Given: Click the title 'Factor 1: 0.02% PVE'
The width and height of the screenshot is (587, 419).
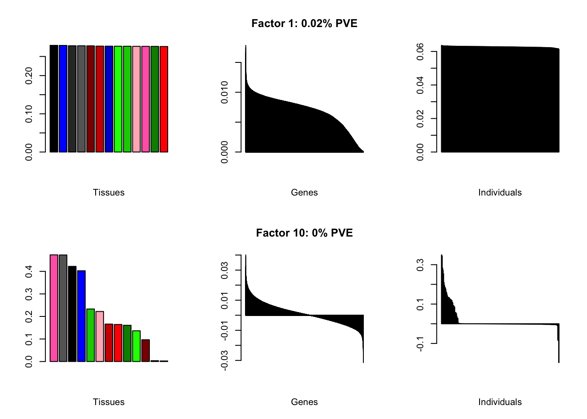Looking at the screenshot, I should tap(304, 24).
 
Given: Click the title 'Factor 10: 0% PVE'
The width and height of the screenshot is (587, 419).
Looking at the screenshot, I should tap(304, 233).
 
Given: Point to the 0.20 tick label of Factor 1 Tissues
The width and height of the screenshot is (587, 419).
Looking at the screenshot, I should tap(29, 76).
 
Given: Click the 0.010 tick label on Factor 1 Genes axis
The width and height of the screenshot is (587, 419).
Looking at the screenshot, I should tap(224, 92).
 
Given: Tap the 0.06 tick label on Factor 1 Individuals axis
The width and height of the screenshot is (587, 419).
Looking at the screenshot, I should tap(420, 52).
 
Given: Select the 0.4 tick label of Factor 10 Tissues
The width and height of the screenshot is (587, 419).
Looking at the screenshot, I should tap(29, 271).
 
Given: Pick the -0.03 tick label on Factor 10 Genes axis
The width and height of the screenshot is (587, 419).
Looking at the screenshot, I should tap(224, 360).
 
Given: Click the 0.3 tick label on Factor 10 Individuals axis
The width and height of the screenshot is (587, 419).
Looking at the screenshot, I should tap(420, 264).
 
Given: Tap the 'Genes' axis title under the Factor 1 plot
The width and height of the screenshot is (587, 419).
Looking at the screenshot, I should tap(304, 192).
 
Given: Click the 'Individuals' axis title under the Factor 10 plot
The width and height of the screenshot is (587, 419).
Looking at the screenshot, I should tap(500, 402).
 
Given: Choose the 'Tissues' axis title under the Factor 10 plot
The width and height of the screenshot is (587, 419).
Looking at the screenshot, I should tap(109, 402).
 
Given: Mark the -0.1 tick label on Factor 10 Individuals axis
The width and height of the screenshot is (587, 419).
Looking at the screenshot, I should tap(420, 343).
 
